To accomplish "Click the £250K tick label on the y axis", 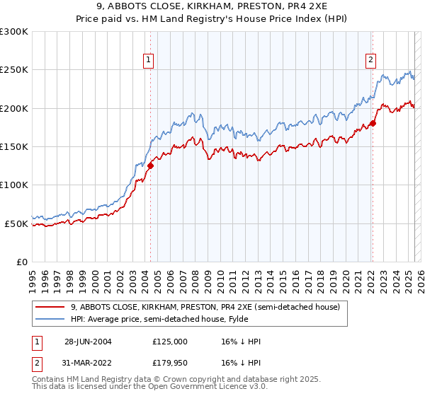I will pyautogui.click(x=14, y=70).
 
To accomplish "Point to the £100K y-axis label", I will pyautogui.click(x=14, y=185).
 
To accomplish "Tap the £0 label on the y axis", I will pyautogui.click(x=22, y=262).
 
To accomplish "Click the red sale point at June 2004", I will pyautogui.click(x=150, y=166).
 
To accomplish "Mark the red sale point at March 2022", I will pyautogui.click(x=373, y=124).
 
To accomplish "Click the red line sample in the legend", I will pyautogui.click(x=50, y=307).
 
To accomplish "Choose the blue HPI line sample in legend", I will pyautogui.click(x=50, y=320).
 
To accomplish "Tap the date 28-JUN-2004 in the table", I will pyautogui.click(x=88, y=342).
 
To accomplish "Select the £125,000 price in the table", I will pyautogui.click(x=169, y=342).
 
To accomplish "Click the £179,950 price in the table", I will pyautogui.click(x=169, y=364).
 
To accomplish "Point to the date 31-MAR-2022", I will pyautogui.click(x=88, y=364).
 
